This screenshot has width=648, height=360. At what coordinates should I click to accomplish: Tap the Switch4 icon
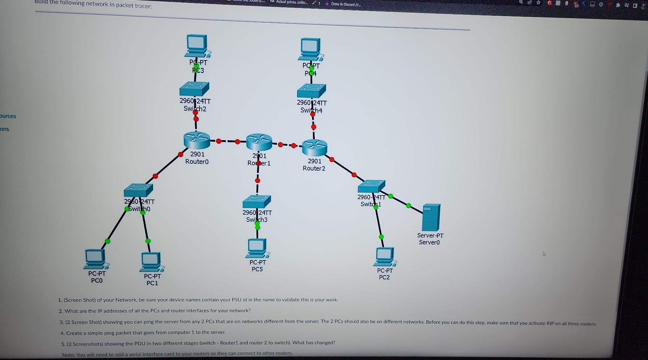pos(312,91)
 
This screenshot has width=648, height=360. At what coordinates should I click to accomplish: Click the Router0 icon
pos(197,140)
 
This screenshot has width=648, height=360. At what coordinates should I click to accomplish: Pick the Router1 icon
pos(259,142)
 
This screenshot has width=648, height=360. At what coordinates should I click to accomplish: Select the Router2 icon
pos(315,147)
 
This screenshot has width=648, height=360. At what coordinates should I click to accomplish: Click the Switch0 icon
pos(138,190)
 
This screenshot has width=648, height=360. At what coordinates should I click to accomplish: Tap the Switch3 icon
pos(257,202)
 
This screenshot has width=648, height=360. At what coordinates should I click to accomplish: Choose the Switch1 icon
pos(371,186)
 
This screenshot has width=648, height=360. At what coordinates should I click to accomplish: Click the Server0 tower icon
pos(431,217)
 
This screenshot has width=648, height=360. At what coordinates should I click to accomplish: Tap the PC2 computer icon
pos(384,257)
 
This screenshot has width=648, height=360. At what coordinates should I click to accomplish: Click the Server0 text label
pos(430,242)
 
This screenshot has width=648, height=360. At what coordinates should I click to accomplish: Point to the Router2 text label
pos(314,168)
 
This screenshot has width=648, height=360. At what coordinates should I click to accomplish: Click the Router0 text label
pos(197,162)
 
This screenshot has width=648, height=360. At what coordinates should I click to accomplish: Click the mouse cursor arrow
pos(544,253)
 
